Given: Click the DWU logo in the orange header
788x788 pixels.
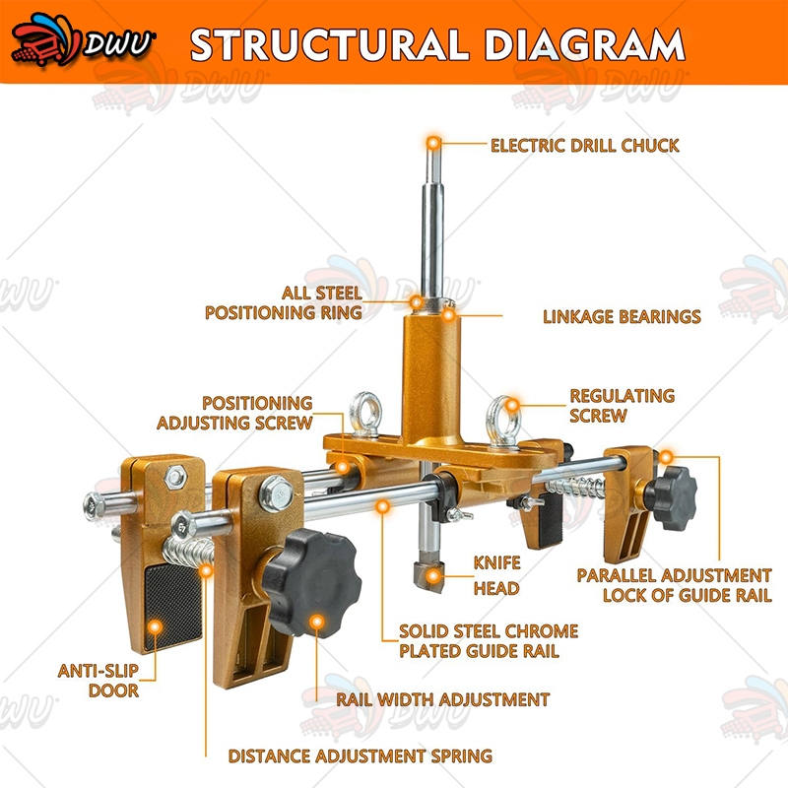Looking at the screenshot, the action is pyautogui.click(x=83, y=40).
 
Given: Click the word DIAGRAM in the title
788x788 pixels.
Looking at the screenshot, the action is pyautogui.click(x=584, y=44).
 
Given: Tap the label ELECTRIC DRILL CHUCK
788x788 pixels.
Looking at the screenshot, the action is pyautogui.click(x=584, y=146).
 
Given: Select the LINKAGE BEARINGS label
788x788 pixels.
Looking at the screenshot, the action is pyautogui.click(x=622, y=316).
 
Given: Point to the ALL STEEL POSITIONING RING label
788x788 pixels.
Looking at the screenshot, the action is pyautogui.click(x=284, y=303).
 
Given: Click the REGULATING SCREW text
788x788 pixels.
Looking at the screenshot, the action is pyautogui.click(x=623, y=406).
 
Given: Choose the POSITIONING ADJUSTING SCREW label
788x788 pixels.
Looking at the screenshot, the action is pyautogui.click(x=234, y=413).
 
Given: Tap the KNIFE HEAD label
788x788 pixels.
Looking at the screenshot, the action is pyautogui.click(x=496, y=575).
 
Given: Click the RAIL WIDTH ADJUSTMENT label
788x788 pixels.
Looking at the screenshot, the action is pyautogui.click(x=442, y=699).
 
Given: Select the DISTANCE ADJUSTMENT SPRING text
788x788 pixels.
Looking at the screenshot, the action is pyautogui.click(x=361, y=755).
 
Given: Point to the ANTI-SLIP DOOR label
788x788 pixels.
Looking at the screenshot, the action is pyautogui.click(x=98, y=681).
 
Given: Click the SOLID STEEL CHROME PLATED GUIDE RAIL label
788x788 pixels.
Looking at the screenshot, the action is pyautogui.click(x=489, y=641).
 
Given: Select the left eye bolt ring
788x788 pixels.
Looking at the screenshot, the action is pyautogui.click(x=365, y=414).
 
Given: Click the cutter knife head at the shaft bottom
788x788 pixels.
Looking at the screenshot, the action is pyautogui.click(x=428, y=573).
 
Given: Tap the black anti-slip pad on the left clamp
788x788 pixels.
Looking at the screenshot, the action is pyautogui.click(x=173, y=607).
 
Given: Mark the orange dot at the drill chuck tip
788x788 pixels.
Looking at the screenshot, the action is pyautogui.click(x=433, y=143).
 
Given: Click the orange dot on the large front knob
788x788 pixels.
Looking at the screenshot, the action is pyautogui.click(x=316, y=623).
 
